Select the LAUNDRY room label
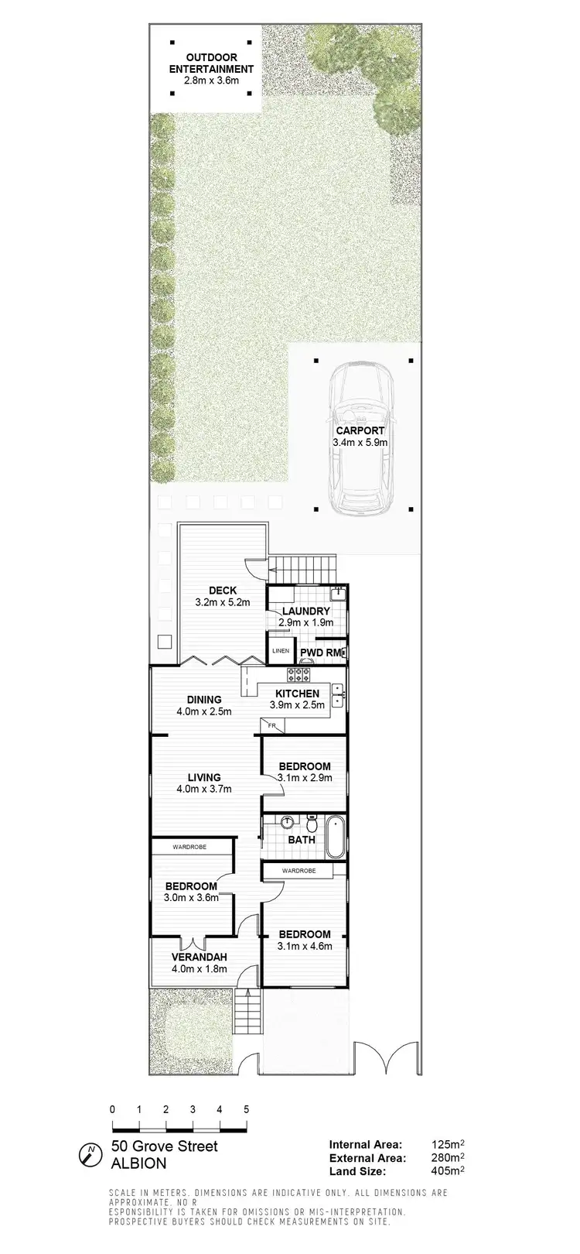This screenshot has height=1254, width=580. [x=305, y=612]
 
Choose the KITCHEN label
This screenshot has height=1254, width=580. [x=294, y=694]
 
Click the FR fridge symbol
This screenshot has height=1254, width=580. [x=272, y=725]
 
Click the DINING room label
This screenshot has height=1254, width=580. [x=203, y=700]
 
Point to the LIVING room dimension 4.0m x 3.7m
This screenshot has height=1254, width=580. [x=203, y=789]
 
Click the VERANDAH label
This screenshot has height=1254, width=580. [x=199, y=957]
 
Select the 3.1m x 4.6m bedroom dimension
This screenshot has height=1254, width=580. [x=305, y=945]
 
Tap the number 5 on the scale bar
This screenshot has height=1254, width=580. [x=246, y=1109]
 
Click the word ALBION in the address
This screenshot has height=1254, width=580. [x=138, y=1163]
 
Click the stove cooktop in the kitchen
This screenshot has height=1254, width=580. [x=299, y=673]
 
